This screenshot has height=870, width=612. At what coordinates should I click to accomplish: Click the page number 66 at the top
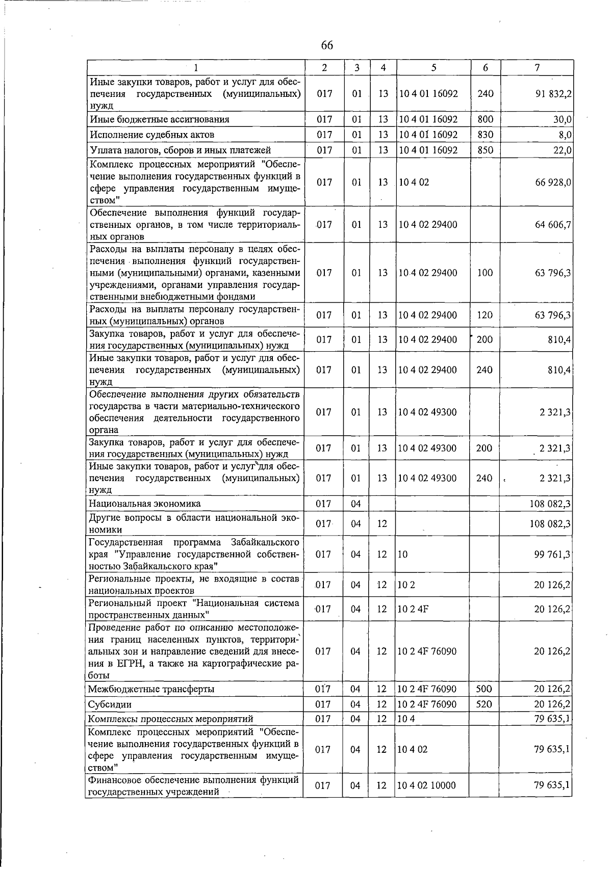327,46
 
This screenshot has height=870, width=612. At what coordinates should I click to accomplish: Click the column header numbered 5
433,67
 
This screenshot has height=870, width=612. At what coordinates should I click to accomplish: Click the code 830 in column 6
485,135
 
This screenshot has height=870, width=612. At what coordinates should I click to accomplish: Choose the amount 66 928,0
552,182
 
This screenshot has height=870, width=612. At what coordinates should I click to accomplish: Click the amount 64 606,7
552,225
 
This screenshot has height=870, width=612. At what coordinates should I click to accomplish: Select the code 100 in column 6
485,273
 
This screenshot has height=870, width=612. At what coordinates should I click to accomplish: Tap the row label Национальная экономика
145,504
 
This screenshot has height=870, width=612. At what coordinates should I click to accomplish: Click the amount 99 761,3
552,555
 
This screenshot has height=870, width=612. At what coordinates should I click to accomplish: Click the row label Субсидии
110,705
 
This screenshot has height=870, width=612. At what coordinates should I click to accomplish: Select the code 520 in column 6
483,704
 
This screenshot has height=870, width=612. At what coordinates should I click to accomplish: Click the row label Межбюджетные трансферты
151,690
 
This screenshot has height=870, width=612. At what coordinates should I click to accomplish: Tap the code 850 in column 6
485,150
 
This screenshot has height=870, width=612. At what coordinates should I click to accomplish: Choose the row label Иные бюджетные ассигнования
160,120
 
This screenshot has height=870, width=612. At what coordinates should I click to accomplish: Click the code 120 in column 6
485,315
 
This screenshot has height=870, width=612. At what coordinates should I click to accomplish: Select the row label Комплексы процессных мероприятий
171,719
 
